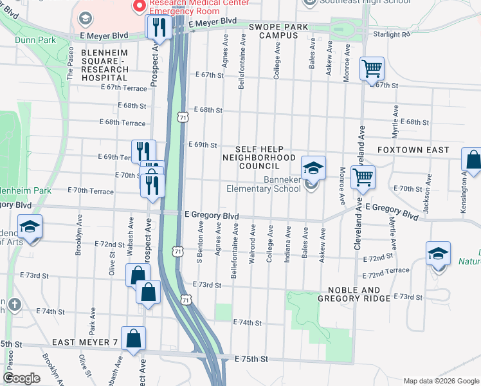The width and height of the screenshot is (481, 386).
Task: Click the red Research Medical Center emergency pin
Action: [x=138, y=6]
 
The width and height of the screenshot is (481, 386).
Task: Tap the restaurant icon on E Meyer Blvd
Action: [x=158, y=27]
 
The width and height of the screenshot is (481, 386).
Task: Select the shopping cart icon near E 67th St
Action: [x=372, y=68]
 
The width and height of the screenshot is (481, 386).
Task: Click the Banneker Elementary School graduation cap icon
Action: [x=313, y=168]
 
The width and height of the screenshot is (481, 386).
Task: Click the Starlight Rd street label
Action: [x=392, y=34]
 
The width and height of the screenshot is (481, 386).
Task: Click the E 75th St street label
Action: [x=250, y=358]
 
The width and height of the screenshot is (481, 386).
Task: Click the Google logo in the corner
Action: [x=22, y=378]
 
